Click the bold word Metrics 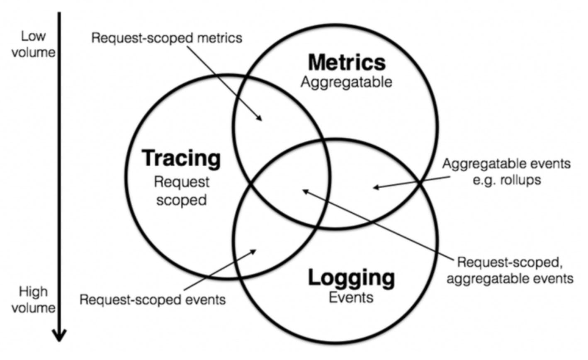tap(347, 62)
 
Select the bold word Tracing tap(181, 158)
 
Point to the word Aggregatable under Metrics tap(346, 82)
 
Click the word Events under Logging tap(351, 297)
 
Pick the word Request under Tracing tap(182, 182)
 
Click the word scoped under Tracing tap(182, 200)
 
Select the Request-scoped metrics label tap(167, 38)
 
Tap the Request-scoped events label tap(153, 299)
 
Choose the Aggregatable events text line tap(506, 163)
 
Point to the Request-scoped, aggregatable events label tap(510, 270)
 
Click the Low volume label tap(33, 44)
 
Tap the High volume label tap(33, 299)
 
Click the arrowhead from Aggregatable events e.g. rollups tap(375, 187)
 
